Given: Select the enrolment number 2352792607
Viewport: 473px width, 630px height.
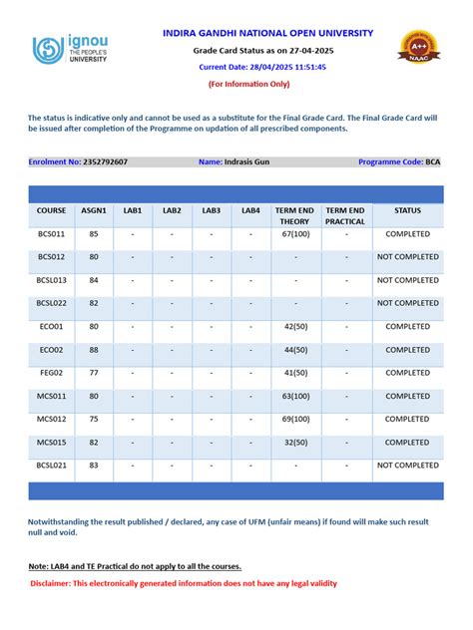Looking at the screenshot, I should point(105,161).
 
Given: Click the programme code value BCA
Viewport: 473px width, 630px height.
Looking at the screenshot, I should point(433,161).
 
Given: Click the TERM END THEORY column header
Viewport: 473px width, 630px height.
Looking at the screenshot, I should point(294,216).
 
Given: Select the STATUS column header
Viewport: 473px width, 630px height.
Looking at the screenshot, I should point(407,211).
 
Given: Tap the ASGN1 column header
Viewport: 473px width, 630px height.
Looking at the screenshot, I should point(94,211).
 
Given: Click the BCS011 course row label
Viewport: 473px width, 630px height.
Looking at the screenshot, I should point(51,234).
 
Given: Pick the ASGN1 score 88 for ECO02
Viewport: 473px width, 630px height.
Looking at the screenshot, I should point(94,350).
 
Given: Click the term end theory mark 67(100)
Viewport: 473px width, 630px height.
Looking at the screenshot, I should point(295,234).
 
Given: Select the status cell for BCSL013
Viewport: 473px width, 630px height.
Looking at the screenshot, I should point(407,280).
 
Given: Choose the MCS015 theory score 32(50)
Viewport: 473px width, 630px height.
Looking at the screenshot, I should point(295,442).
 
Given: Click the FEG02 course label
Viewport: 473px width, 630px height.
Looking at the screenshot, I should point(51,373).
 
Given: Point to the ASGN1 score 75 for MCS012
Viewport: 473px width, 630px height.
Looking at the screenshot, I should point(94,419).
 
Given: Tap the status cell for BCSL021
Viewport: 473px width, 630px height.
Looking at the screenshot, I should point(407,465).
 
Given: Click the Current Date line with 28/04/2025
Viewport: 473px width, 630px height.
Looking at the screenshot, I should point(262,66).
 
